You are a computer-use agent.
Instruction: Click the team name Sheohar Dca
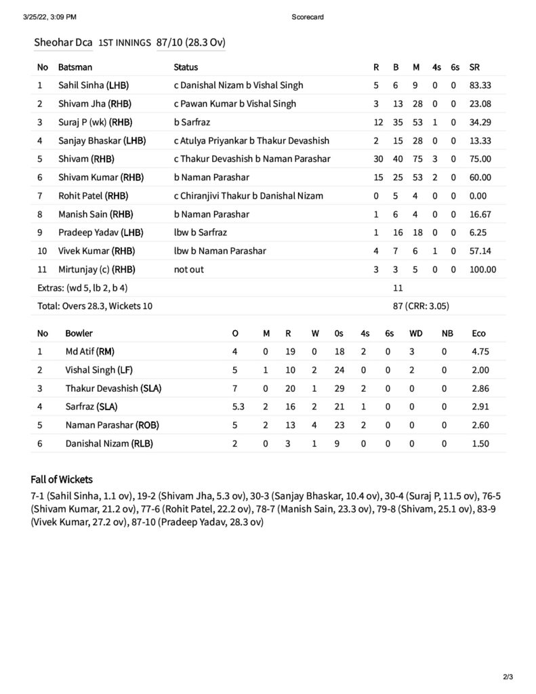pyautogui.click(x=63, y=42)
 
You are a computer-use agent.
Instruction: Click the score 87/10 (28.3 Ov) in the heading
pyautogui.click(x=190, y=42)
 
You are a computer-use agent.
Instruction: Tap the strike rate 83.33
pyautogui.click(x=480, y=85)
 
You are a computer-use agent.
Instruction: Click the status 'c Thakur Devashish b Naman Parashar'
pyautogui.click(x=252, y=159)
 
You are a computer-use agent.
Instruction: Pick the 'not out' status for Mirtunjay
pyautogui.click(x=189, y=269)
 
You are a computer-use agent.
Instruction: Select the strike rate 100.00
pyautogui.click(x=482, y=269)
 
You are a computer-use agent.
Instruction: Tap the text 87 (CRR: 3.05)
pyautogui.click(x=421, y=306)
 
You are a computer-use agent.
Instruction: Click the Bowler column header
pyautogui.click(x=79, y=333)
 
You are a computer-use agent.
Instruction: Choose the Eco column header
pyautogui.click(x=478, y=333)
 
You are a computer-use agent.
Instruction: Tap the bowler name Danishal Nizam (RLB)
pyautogui.click(x=109, y=443)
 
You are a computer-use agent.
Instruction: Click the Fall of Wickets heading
pyautogui.click(x=62, y=479)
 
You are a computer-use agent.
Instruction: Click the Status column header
pyautogui.click(x=186, y=67)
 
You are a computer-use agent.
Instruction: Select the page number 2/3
pyautogui.click(x=508, y=676)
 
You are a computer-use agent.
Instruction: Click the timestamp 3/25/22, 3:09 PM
pyautogui.click(x=49, y=17)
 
